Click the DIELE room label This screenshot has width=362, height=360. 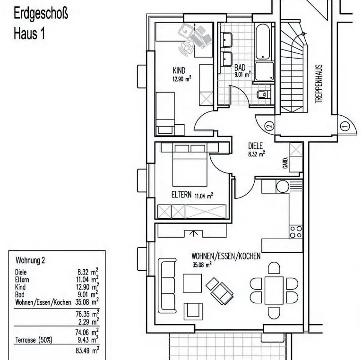coord(255,146)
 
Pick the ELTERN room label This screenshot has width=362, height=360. coord(181,194)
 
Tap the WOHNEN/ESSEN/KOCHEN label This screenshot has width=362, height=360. coord(226,256)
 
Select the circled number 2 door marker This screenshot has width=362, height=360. coord(269,126)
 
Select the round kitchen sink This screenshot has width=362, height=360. coord(283,186)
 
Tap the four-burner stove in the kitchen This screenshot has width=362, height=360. coord(295,231)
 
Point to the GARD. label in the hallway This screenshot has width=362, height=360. coord(285,163)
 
